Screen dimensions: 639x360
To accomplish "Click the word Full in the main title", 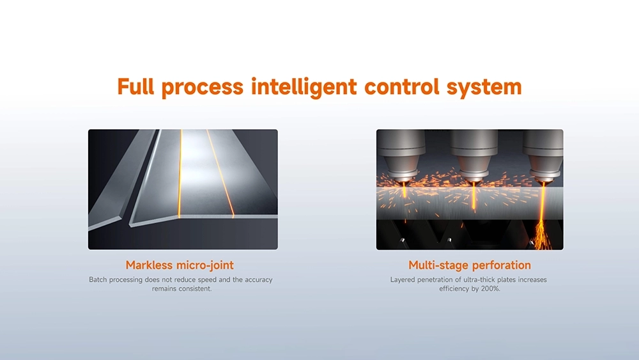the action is [135, 86].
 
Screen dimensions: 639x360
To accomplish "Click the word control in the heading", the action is [402, 87].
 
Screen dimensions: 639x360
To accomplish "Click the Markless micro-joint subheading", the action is [180, 265].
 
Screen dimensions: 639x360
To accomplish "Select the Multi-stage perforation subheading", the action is [470, 265].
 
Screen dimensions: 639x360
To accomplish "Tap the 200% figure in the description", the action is [491, 288].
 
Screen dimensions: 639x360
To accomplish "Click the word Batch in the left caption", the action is [98, 279].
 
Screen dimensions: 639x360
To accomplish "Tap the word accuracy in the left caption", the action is [258, 279].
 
